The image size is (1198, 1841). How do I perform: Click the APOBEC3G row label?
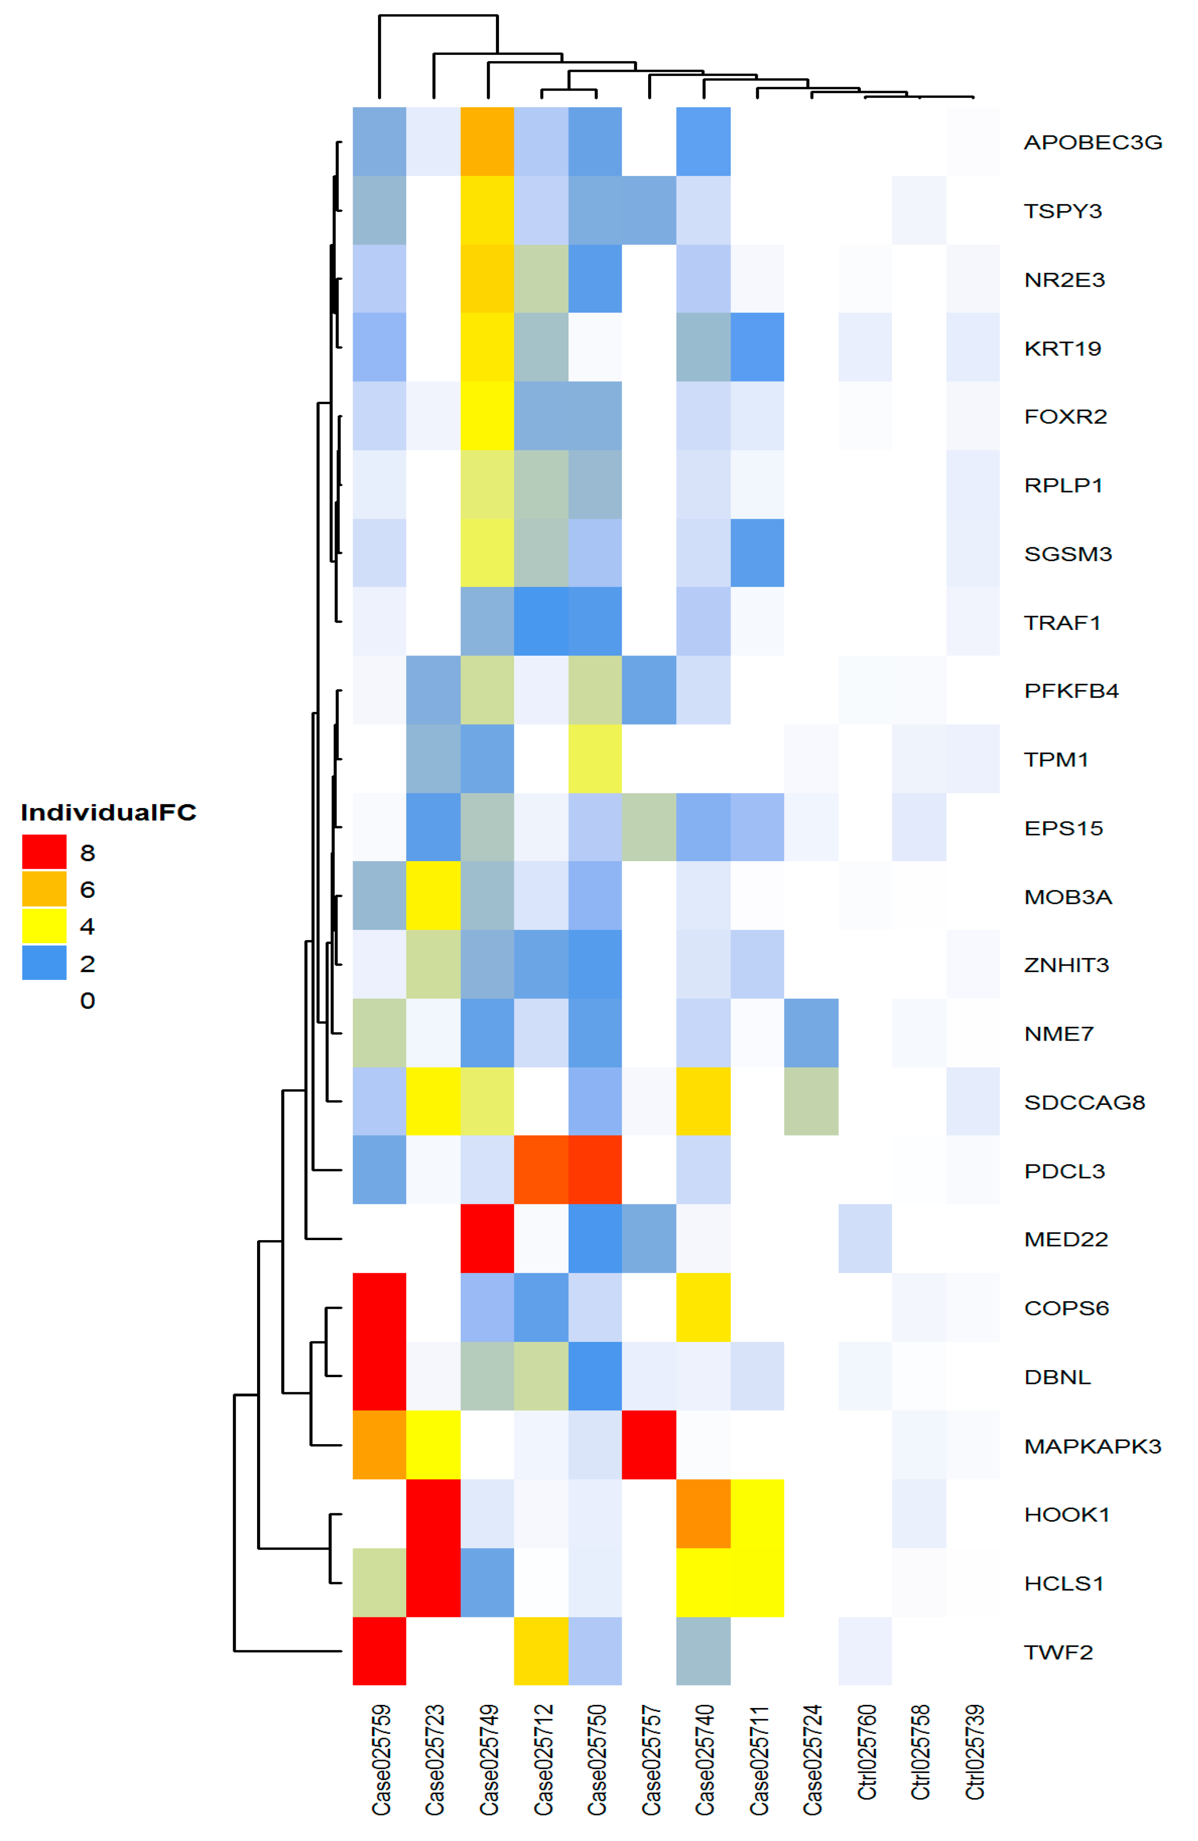[1092, 142]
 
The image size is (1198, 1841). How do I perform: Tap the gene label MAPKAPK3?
[1092, 1446]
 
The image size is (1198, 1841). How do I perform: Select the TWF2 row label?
[1057, 1651]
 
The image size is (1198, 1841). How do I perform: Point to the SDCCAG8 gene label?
[1084, 1102]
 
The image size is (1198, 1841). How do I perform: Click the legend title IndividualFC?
[108, 812]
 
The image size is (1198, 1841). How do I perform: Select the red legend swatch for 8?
[44, 852]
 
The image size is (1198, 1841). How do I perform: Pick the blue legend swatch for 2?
[44, 962]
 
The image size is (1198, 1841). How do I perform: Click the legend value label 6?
[87, 890]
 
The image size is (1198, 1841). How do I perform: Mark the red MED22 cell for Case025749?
[487, 1238]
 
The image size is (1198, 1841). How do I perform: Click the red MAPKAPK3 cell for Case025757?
[649, 1445]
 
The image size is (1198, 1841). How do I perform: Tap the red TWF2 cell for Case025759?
[379, 1651]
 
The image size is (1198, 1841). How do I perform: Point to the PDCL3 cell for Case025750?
[595, 1170]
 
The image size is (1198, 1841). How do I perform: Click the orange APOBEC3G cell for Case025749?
[487, 142]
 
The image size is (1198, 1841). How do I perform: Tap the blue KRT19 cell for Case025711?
[757, 347]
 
